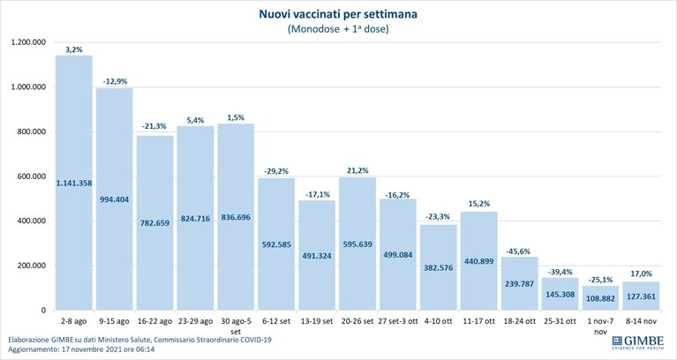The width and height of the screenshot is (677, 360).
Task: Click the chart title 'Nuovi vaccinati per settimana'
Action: [x=338, y=14]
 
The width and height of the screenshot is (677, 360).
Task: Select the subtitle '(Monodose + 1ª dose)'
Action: [x=338, y=29]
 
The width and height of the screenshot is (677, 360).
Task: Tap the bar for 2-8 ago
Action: [x=74, y=183]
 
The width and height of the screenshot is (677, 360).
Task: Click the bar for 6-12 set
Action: [x=276, y=244]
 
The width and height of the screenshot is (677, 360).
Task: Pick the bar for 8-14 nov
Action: [x=640, y=296]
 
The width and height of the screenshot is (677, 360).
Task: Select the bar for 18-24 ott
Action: [x=519, y=283]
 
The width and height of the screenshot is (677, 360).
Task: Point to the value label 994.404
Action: [x=115, y=199]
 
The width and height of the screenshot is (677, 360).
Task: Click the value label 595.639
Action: [x=357, y=244]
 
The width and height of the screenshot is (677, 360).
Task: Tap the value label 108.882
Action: [x=600, y=298]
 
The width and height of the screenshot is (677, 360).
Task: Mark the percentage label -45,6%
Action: [x=519, y=251]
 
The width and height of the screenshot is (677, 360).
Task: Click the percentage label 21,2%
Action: [x=357, y=170]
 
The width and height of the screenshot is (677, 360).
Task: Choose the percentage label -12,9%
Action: [x=115, y=81]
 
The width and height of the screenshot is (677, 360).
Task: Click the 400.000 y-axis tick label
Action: [x=33, y=221]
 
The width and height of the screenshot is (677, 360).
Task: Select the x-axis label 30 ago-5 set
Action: [x=236, y=326]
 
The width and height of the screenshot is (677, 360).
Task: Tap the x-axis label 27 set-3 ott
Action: [x=398, y=321]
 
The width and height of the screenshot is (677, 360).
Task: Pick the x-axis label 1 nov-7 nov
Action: [x=600, y=326]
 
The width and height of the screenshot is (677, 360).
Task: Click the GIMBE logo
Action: [x=637, y=342]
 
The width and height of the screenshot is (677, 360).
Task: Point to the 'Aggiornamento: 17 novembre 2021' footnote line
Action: [x=81, y=349]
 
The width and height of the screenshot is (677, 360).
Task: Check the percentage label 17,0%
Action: [x=640, y=274]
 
